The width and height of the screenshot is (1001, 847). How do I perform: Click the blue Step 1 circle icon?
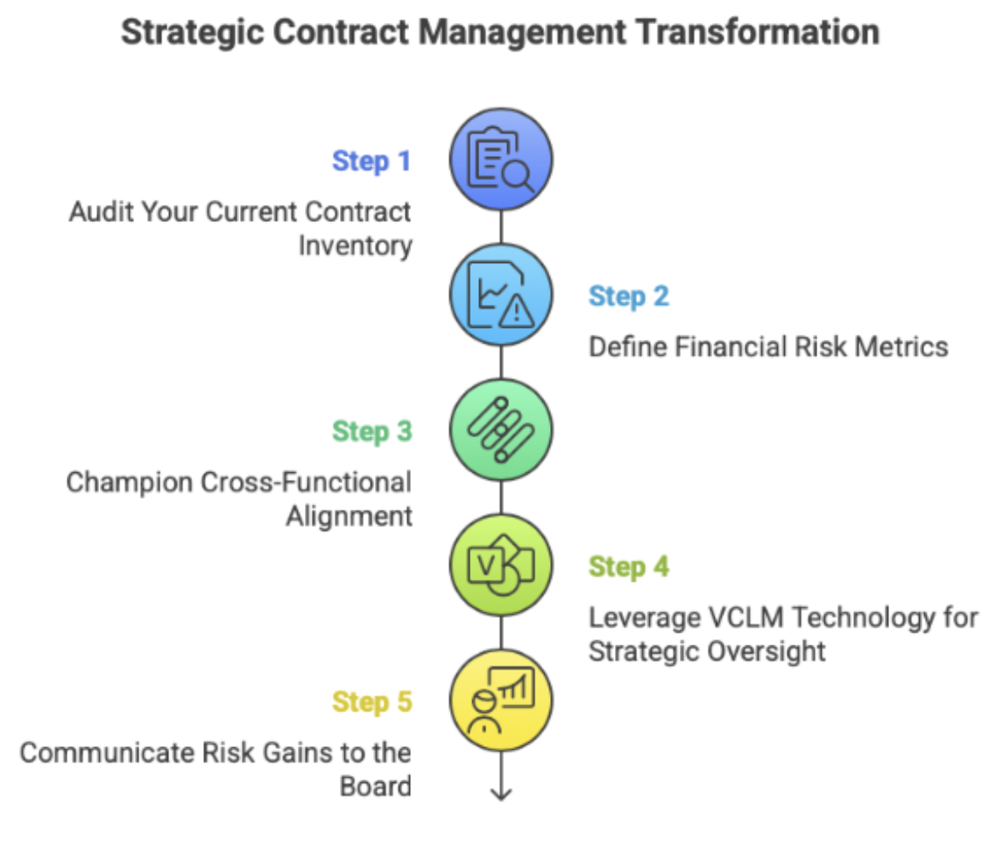click(x=501, y=159)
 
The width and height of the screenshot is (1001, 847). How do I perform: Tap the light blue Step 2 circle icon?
click(x=501, y=295)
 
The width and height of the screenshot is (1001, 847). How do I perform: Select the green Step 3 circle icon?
click(x=501, y=429)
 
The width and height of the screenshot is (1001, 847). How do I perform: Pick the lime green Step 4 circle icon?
click(x=501, y=565)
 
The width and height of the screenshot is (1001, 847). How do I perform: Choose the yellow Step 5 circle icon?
click(x=501, y=700)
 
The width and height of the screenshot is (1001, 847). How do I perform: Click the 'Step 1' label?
click(x=372, y=161)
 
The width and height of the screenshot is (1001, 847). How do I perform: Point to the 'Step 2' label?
click(x=629, y=296)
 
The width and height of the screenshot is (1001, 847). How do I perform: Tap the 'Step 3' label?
click(x=372, y=431)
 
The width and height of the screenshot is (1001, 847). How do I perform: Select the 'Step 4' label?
click(x=629, y=566)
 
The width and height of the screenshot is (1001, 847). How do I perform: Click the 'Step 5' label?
click(x=372, y=702)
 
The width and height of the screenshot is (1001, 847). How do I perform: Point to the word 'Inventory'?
click(x=355, y=246)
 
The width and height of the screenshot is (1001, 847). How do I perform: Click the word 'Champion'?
click(x=130, y=482)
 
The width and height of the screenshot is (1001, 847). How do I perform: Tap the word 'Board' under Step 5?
click(x=376, y=786)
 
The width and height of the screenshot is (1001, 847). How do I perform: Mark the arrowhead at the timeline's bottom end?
click(x=501, y=794)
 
